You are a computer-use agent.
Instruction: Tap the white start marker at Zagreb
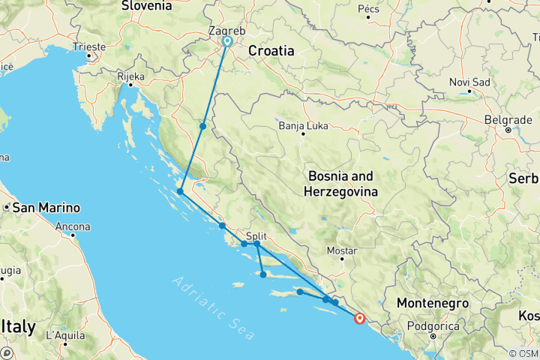(226, 41)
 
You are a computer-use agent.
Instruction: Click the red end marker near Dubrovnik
(360, 318)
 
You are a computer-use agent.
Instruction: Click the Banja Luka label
(300, 125)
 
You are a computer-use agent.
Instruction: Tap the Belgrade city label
(508, 119)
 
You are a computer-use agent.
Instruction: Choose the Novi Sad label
(469, 82)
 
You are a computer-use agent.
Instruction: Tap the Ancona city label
(73, 226)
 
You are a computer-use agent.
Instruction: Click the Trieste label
(89, 46)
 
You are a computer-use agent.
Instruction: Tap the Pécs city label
(369, 8)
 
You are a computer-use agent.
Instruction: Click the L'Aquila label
(63, 335)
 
